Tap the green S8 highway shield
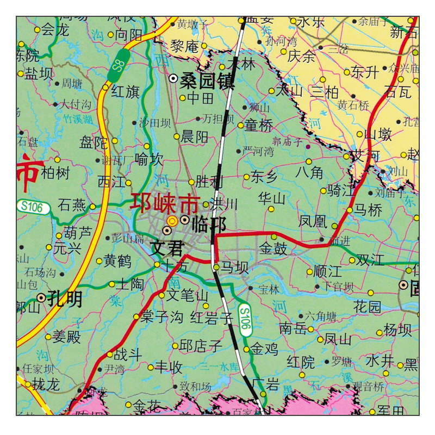pyautogui.click(x=120, y=61)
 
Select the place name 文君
pyautogui.click(x=167, y=248)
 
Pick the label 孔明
pyautogui.click(x=64, y=298)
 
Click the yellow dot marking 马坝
pyautogui.click(x=216, y=267)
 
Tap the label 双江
pyautogui.click(x=374, y=260)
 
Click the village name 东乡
pyautogui.click(x=264, y=176)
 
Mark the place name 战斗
pyautogui.click(x=128, y=355)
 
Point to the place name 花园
pyautogui.click(x=368, y=306)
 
